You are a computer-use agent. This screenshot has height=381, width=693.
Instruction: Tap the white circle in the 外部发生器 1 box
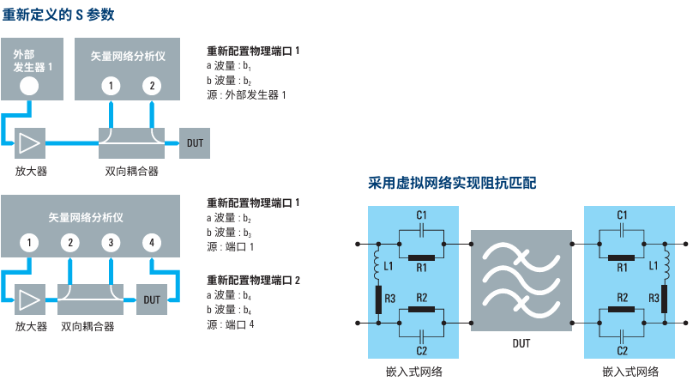(x=29, y=85)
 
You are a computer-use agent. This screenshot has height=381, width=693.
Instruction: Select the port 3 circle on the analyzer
(x=111, y=243)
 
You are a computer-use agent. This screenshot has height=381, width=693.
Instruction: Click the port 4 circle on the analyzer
(x=153, y=243)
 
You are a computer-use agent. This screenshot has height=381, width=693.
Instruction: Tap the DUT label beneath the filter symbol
(x=520, y=343)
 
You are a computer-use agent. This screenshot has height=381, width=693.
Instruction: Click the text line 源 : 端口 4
(x=232, y=324)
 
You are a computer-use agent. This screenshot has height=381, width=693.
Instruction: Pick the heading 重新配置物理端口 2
(x=254, y=281)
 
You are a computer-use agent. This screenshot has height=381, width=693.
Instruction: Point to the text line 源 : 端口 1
(x=232, y=247)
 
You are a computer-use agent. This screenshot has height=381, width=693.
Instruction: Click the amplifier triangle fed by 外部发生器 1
(x=31, y=139)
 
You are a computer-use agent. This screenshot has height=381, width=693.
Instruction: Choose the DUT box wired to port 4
(x=152, y=299)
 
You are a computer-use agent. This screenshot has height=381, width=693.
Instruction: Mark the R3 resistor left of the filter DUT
(x=377, y=298)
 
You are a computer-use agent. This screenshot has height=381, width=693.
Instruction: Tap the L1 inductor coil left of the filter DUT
(x=377, y=267)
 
